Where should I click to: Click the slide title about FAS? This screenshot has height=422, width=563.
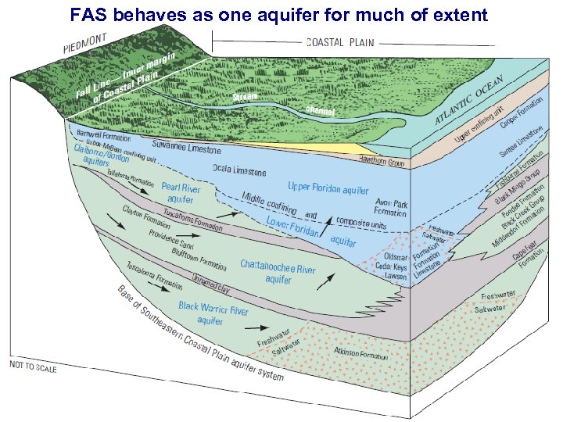[x=279, y=14]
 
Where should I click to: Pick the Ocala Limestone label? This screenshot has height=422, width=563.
[x=239, y=171]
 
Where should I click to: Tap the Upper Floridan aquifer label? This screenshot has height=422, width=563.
[x=328, y=188]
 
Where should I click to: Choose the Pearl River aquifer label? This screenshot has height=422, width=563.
[x=181, y=194]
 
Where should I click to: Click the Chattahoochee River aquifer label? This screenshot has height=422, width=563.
[x=278, y=272]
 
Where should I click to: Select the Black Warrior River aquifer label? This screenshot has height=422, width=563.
[x=213, y=314]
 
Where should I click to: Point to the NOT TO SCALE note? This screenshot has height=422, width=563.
[x=33, y=366]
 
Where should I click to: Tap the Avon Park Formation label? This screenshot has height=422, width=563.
[x=390, y=206]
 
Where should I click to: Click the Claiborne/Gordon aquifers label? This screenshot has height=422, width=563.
[x=101, y=154]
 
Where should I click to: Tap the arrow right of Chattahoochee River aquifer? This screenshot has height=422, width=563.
[x=328, y=277]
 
